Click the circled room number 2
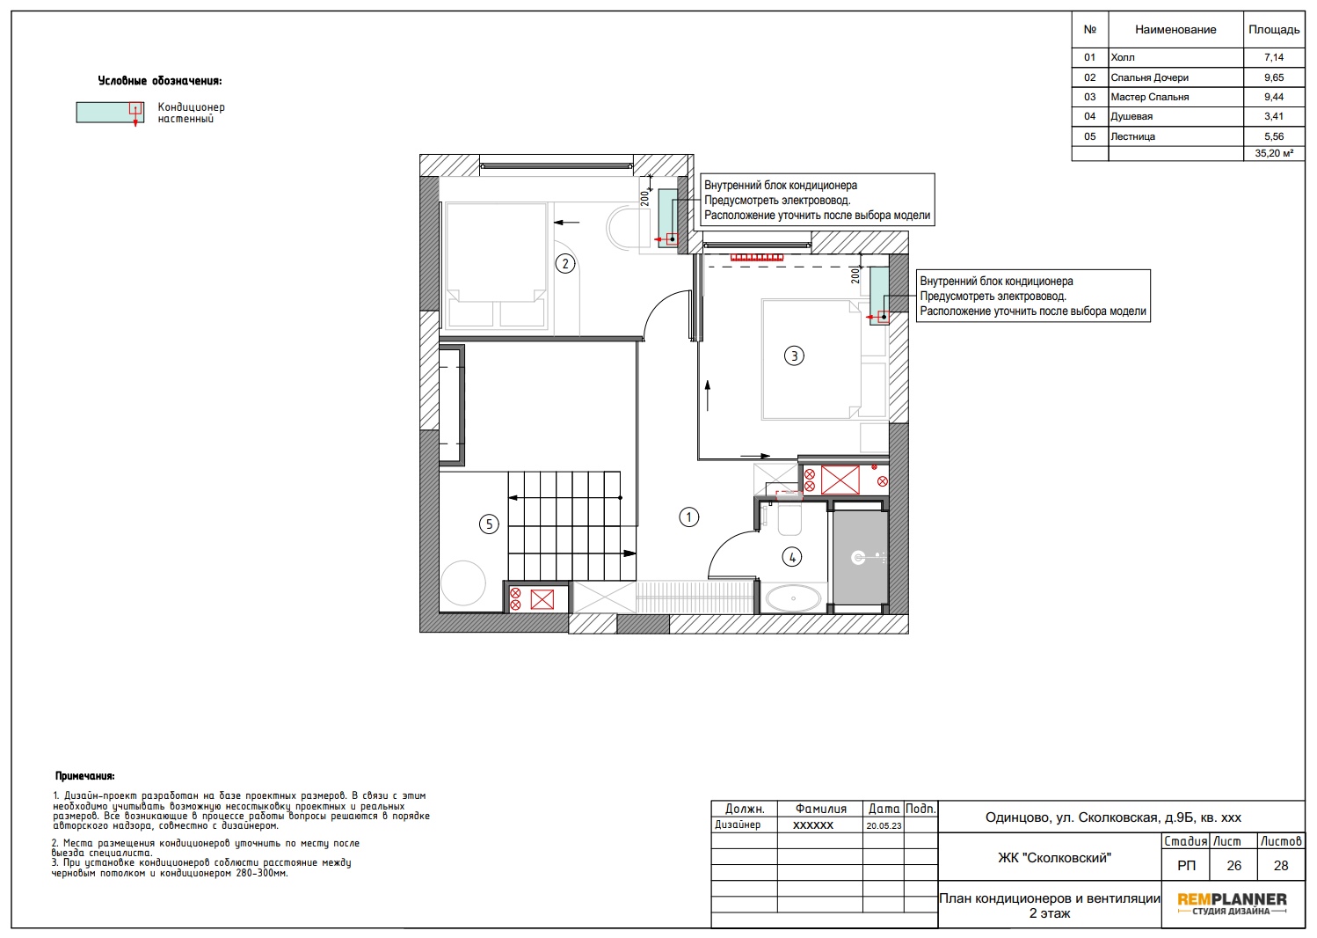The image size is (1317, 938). (x=565, y=264)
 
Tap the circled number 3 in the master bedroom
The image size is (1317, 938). (x=794, y=355)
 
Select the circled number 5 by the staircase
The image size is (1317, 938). (x=489, y=524)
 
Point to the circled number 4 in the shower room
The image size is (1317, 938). (x=791, y=557)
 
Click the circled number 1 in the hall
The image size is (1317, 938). (x=688, y=517)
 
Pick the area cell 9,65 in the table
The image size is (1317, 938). (x=1274, y=77)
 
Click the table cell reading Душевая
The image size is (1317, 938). (x=1131, y=116)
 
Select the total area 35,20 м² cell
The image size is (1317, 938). (x=1274, y=153)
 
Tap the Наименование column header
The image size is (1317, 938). (x=1175, y=29)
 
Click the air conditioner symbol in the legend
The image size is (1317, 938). (x=110, y=113)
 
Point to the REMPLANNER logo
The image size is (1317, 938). (x=1232, y=904)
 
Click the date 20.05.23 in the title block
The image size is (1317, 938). (x=883, y=825)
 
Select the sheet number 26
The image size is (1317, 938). (x=1233, y=866)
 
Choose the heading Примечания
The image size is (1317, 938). (x=84, y=776)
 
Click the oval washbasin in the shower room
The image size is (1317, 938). (x=793, y=598)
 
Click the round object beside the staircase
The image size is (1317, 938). (x=463, y=583)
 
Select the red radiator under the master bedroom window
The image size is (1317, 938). (x=757, y=257)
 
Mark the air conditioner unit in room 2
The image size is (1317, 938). (x=668, y=217)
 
